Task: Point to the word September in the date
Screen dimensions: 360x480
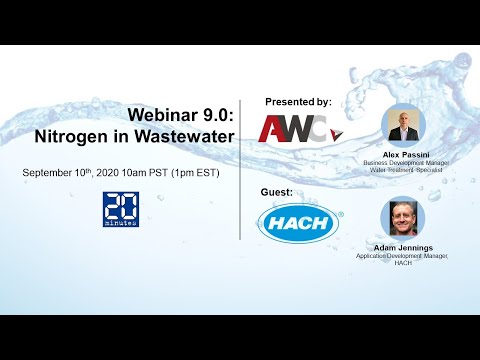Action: coord(53,174)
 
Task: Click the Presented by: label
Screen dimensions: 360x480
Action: coord(298,102)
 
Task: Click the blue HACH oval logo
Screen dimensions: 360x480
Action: coord(298,222)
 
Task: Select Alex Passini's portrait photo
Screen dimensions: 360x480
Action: coord(404,124)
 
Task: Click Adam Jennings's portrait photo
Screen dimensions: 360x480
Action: coord(404,218)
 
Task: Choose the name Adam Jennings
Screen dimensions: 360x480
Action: coord(404,247)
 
